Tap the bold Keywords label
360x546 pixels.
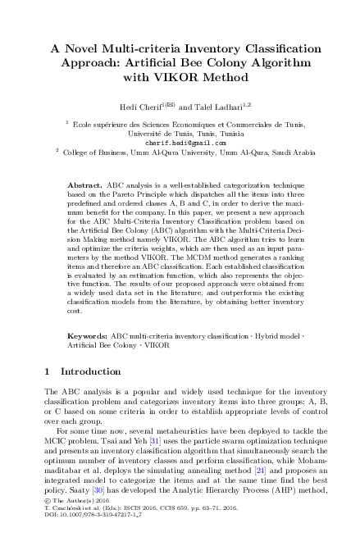pyautogui.click(x=86, y=336)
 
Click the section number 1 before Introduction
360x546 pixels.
pyautogui.click(x=48, y=371)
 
